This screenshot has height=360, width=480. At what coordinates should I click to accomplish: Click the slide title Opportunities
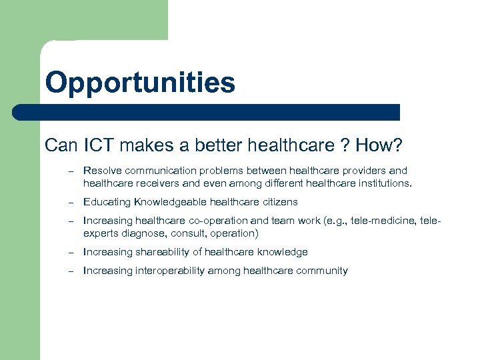point(140,83)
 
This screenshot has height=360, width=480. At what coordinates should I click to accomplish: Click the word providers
point(359,171)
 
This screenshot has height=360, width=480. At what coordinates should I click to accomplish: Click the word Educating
point(107,202)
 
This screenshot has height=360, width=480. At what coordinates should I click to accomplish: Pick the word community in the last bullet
point(322,271)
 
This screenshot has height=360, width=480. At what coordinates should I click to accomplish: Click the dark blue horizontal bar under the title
point(207,112)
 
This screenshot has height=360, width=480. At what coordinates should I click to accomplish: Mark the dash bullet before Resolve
point(69,171)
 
